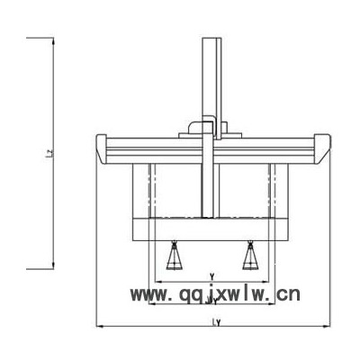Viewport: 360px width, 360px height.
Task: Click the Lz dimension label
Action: (x=51, y=153)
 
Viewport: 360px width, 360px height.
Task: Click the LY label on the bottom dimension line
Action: (x=216, y=322)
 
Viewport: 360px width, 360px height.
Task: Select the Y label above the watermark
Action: (x=211, y=275)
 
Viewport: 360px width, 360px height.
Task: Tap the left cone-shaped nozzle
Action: (x=174, y=256)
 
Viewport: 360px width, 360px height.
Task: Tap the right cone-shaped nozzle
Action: (x=249, y=256)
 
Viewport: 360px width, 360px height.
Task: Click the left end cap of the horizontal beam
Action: (x=102, y=148)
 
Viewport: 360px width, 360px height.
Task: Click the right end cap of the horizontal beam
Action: (x=322, y=148)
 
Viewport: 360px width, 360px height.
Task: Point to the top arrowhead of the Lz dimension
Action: (x=53, y=41)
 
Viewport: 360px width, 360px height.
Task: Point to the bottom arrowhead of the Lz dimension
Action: (x=53, y=265)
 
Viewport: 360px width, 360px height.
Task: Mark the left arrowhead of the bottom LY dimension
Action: (x=99, y=326)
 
